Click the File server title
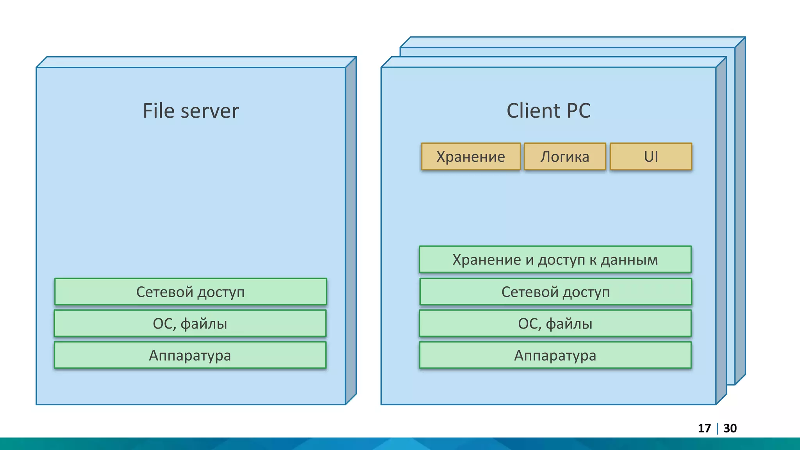click(x=191, y=111)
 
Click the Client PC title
click(x=548, y=111)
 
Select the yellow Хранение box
click(x=471, y=157)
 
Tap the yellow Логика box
click(x=565, y=157)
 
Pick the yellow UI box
click(x=651, y=157)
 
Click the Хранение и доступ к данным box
click(x=555, y=259)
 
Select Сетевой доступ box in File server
click(x=191, y=292)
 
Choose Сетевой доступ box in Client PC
click(x=555, y=292)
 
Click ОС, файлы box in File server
click(x=190, y=323)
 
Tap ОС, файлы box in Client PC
click(x=555, y=323)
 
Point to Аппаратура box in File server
click(x=190, y=355)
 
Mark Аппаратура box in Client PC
click(x=555, y=355)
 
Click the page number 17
click(x=704, y=429)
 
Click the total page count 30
click(x=730, y=429)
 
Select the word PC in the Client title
click(x=579, y=111)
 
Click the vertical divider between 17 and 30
click(x=718, y=429)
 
